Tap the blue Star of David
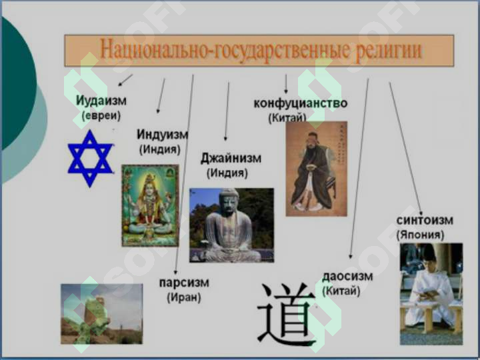[90, 159]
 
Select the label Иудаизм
[101, 101]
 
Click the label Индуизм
[162, 135]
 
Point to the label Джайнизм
[231, 159]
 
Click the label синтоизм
[425, 220]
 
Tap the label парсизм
[184, 282]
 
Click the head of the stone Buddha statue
[229, 200]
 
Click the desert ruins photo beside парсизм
[101, 313]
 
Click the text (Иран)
[184, 297]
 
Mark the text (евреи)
[101, 116]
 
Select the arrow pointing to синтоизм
[405, 147]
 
